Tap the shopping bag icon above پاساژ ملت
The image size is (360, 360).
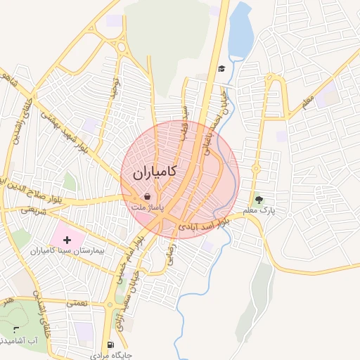[x=147, y=197]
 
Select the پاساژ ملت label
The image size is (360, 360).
[x=148, y=209]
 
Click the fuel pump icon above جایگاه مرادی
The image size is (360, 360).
[x=110, y=345]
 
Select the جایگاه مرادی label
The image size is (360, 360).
[x=111, y=355]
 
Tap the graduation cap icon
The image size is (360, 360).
[x=221, y=68]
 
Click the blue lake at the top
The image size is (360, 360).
[x=240, y=32]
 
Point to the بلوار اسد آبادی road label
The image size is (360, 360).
[x=204, y=225]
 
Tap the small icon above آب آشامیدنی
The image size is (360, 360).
[x=16, y=328]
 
